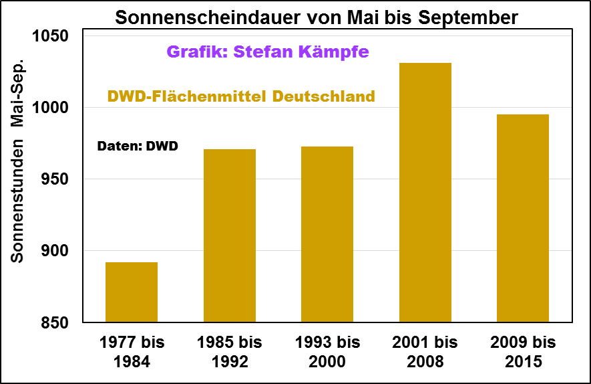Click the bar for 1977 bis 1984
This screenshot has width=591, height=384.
[132, 292]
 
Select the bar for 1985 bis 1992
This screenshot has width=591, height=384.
[230, 235]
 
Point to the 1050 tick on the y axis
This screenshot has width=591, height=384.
[51, 36]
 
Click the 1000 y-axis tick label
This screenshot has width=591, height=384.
[51, 108]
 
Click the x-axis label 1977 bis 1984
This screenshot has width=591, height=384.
[132, 352]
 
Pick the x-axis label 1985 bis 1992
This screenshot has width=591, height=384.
[230, 352]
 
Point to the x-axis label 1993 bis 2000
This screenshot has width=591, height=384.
[327, 352]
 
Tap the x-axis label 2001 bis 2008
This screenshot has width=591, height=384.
[425, 352]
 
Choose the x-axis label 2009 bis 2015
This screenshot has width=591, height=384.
[523, 352]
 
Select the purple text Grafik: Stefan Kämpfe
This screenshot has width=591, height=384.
[267, 52]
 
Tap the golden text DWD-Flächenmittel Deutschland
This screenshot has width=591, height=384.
[242, 96]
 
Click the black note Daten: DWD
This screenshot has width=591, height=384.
[138, 146]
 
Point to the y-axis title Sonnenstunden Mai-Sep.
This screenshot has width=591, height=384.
[19, 161]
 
